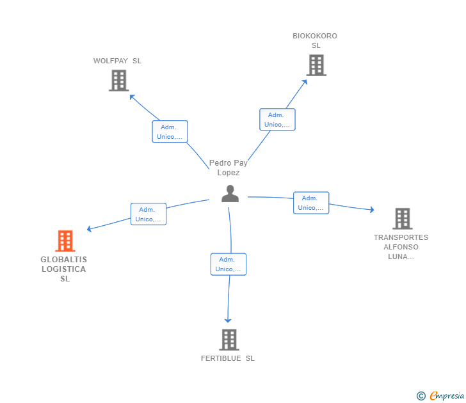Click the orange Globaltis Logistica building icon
pyautogui.click(x=65, y=241)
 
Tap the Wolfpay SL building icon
pyautogui.click(x=118, y=81)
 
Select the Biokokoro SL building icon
pyautogui.click(x=316, y=65)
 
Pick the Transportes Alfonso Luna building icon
pyautogui.click(x=402, y=219)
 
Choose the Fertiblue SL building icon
pyautogui.click(x=229, y=340)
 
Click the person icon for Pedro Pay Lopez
pyautogui.click(x=230, y=193)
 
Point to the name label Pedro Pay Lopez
pyautogui.click(x=229, y=168)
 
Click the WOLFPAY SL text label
pyautogui.click(x=117, y=61)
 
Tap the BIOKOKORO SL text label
pyautogui.click(x=315, y=40)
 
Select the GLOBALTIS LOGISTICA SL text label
pyautogui.click(x=64, y=269)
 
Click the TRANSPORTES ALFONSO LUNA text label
pyautogui.click(x=401, y=247)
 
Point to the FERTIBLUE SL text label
pyautogui.click(x=227, y=358)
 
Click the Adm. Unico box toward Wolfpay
pyautogui.click(x=170, y=132)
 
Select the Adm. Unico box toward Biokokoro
pyautogui.click(x=277, y=120)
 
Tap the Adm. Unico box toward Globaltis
pyautogui.click(x=149, y=214)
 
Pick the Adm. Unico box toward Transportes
pyautogui.click(x=311, y=203)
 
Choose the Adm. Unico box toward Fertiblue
pyautogui.click(x=229, y=264)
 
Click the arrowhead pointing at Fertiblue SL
pyautogui.click(x=228, y=320)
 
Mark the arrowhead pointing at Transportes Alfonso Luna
pyautogui.click(x=371, y=209)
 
